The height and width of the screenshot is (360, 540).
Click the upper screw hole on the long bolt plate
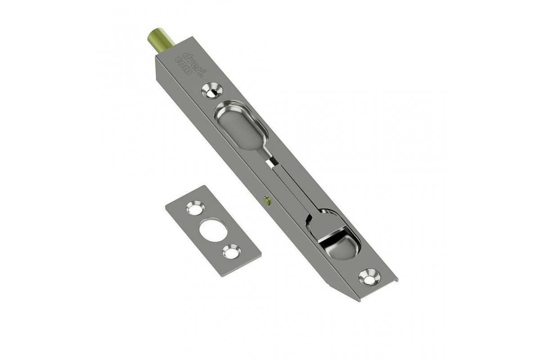[211, 91]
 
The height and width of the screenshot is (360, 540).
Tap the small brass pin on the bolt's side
[267, 200]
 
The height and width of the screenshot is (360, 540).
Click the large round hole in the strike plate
[213, 230]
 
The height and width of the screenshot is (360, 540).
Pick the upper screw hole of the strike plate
[195, 207]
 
